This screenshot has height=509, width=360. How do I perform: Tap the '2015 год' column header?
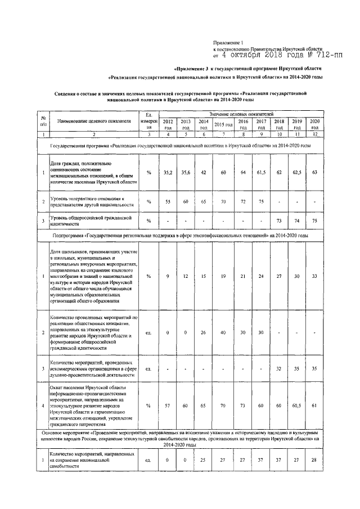tap(223, 124)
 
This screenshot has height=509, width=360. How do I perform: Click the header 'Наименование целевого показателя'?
tap(94, 121)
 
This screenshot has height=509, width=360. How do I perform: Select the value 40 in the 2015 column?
tap(223, 332)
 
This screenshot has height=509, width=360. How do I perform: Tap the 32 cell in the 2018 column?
tap(279, 369)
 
